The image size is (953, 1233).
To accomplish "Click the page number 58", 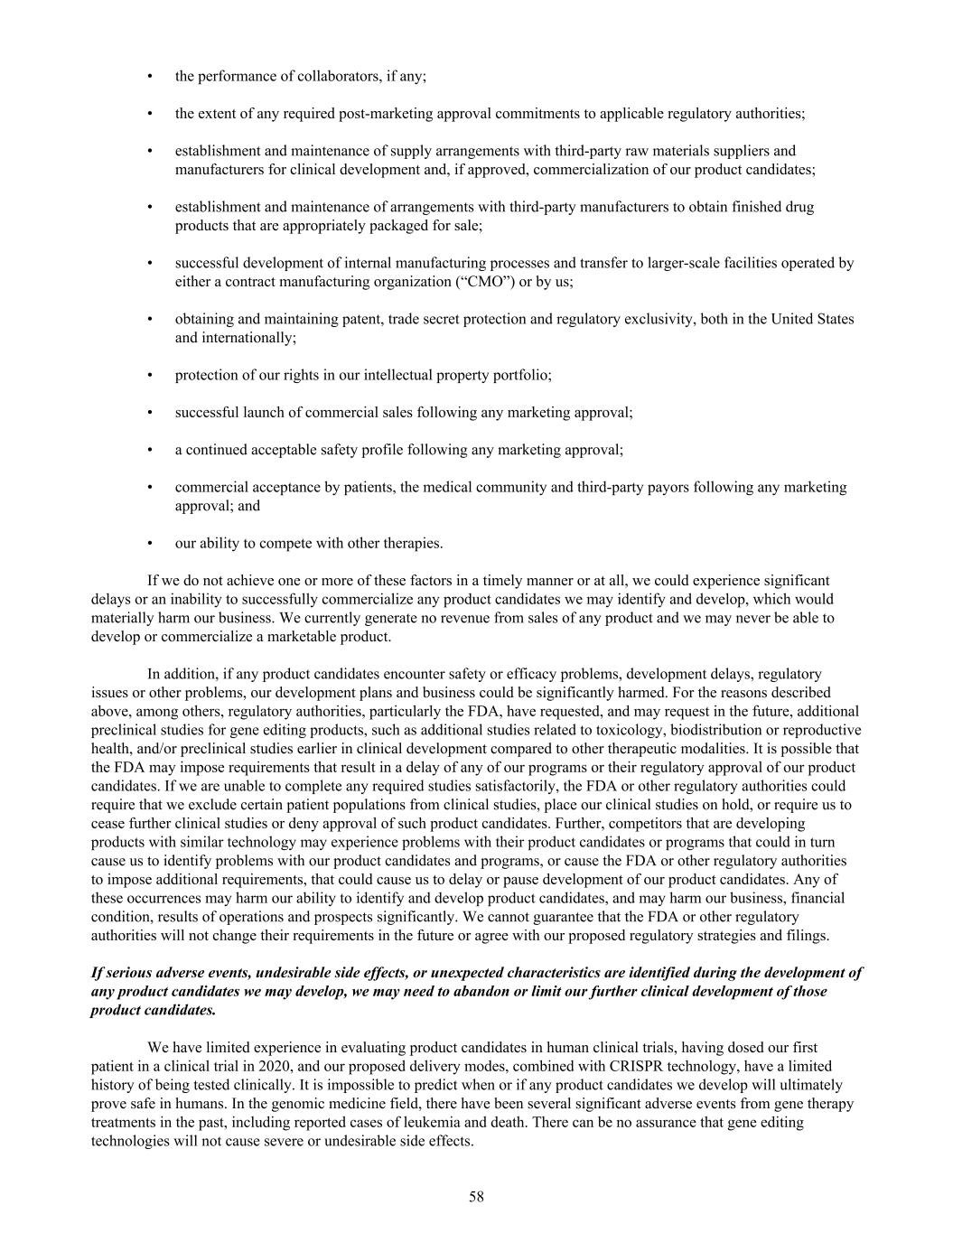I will (476, 1197).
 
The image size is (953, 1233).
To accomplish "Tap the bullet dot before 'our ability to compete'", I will (149, 544).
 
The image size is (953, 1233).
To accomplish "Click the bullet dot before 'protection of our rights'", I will (149, 375).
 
